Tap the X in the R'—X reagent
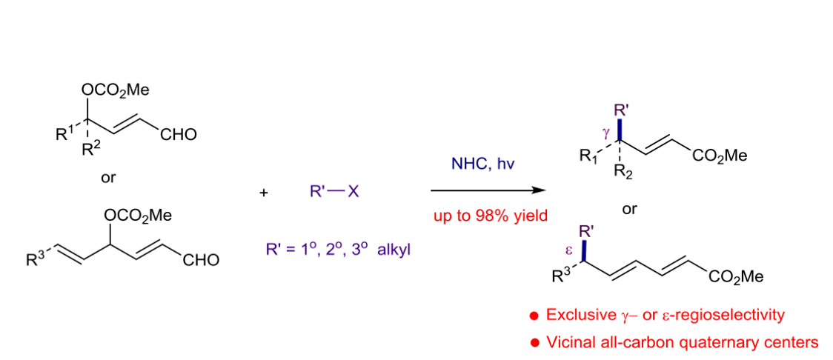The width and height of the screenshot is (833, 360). pos(354,192)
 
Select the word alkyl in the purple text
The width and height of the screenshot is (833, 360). pos(393,249)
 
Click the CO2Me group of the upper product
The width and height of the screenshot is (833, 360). pos(719,156)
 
